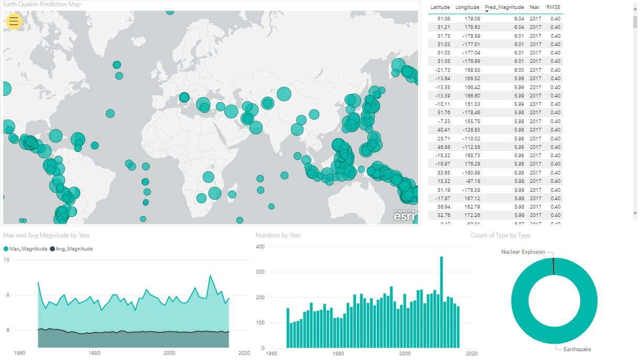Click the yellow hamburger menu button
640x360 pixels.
(14, 21)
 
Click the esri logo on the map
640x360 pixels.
(404, 215)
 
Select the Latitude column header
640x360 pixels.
(440, 7)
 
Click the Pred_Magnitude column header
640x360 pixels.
(504, 7)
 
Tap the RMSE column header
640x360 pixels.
(553, 7)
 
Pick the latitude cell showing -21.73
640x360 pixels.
(442, 70)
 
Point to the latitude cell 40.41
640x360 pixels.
(443, 129)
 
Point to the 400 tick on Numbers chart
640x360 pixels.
(261, 246)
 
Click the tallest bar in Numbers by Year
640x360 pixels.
(441, 302)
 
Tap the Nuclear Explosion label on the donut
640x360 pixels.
(523, 252)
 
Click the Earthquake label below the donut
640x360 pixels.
(577, 349)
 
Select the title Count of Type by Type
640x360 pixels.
(500, 235)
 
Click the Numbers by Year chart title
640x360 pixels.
(278, 235)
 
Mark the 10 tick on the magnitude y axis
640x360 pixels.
(6, 260)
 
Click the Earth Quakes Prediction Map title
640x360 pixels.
(42, 4)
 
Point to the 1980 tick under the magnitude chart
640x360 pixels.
(95, 353)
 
